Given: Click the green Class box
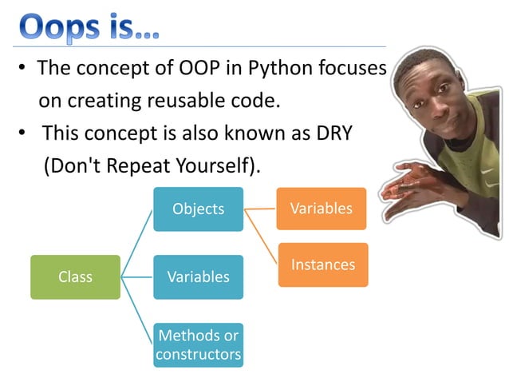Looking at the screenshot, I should point(75,277).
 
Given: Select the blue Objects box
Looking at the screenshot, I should point(198,209).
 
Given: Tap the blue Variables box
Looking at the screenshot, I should point(198,277).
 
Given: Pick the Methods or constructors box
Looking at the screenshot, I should point(198,344).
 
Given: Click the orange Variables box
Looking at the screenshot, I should point(321,209).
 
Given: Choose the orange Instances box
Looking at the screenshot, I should point(323,265).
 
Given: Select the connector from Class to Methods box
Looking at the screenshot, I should point(137,312).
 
